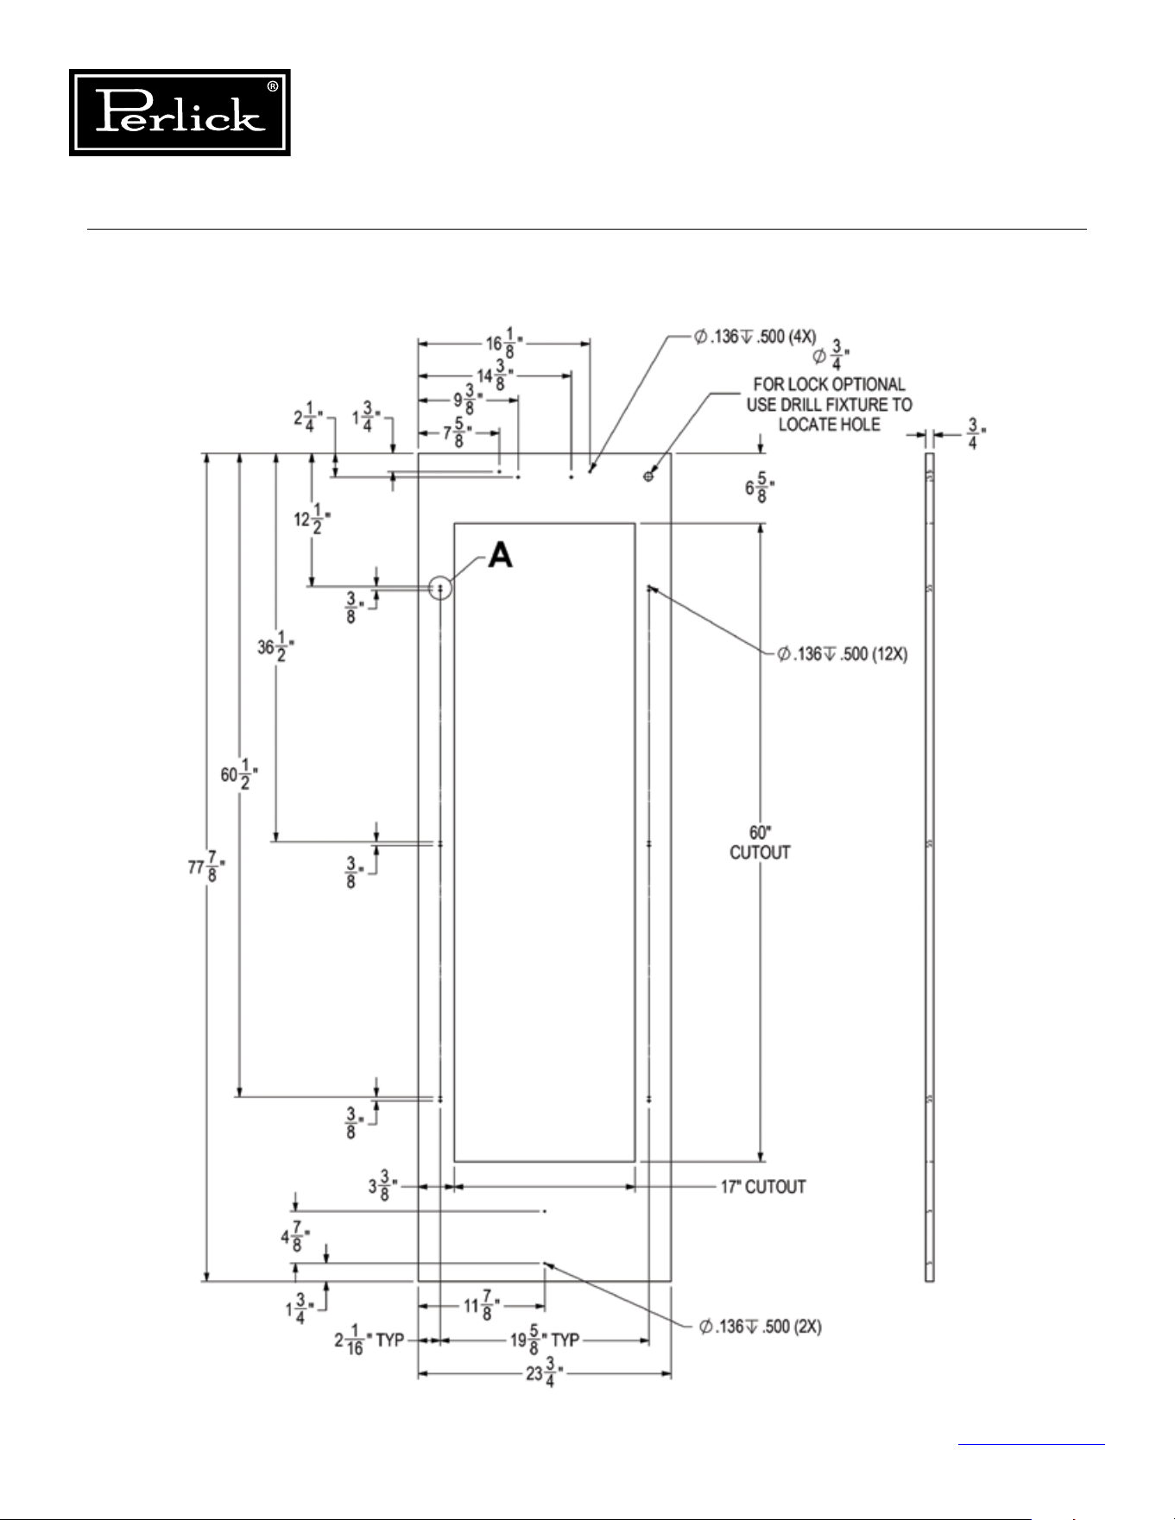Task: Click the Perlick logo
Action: [180, 113]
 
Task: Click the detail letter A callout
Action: [501, 555]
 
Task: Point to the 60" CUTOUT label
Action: [760, 842]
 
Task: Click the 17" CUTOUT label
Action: [763, 1187]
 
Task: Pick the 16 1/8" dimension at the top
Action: [504, 342]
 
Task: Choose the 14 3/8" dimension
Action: [496, 375]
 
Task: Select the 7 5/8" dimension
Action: [458, 433]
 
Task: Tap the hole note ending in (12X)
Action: [842, 654]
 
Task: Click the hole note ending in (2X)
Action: [760, 1326]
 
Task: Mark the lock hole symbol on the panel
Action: [648, 476]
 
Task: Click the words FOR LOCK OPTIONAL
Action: [829, 385]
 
